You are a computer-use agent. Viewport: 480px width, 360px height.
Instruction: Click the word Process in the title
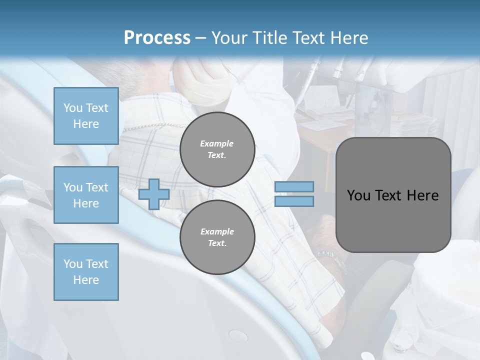157,38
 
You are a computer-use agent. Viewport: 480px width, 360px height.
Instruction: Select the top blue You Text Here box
86,116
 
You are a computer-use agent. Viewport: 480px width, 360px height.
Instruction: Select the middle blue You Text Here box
86,195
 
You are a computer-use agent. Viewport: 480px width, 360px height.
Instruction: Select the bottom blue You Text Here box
86,271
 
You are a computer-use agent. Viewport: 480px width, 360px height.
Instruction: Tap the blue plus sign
154,194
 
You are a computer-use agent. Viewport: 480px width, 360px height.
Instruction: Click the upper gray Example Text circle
217,149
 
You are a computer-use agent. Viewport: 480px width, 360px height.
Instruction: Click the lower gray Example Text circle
217,237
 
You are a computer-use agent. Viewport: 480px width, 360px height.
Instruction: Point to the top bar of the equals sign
294,187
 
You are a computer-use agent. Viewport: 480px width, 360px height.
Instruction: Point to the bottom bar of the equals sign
294,201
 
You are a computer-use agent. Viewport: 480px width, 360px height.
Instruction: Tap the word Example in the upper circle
217,143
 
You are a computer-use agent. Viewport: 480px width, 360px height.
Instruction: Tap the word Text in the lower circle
217,243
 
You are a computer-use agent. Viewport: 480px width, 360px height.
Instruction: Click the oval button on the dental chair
237,335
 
